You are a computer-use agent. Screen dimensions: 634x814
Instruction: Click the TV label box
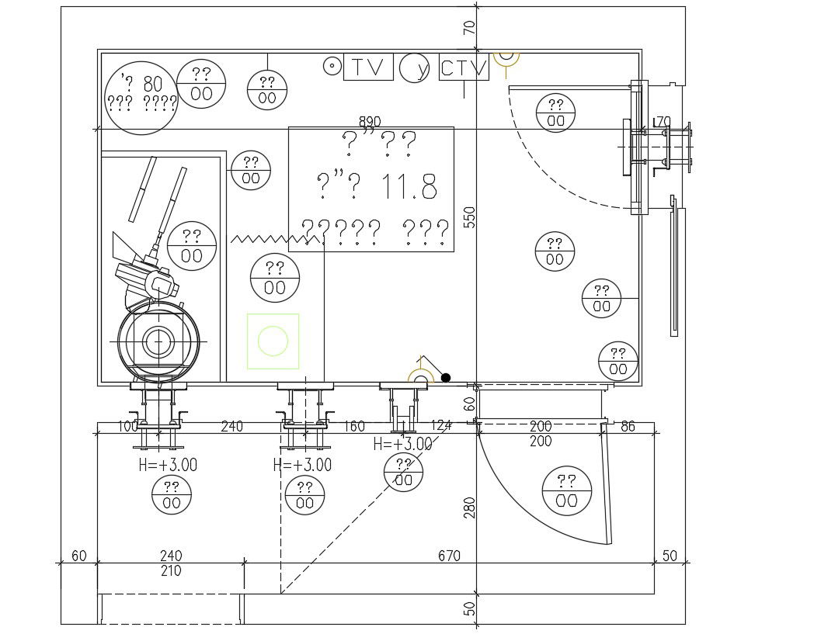(x=368, y=68)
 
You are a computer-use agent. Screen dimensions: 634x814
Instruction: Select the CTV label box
(x=464, y=68)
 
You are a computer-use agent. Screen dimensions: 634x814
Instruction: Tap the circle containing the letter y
(x=416, y=68)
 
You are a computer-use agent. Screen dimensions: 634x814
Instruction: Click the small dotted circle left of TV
(x=332, y=67)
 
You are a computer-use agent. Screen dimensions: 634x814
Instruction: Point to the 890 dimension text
(x=370, y=122)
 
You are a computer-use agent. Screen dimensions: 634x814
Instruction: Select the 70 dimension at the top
(x=468, y=28)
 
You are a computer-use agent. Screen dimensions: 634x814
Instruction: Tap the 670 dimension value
(x=449, y=556)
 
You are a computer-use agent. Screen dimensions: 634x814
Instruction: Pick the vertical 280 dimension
(x=468, y=508)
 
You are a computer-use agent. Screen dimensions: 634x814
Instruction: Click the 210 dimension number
(x=171, y=571)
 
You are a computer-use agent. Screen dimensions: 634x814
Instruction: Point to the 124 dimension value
(x=440, y=426)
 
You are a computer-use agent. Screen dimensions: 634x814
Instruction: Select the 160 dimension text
(x=353, y=426)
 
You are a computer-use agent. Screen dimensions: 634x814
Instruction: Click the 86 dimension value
(x=628, y=426)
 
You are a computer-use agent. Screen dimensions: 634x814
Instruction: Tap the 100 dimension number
(x=127, y=426)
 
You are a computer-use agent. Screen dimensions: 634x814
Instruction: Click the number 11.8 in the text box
(x=409, y=187)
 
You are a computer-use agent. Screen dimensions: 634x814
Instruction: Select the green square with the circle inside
(x=273, y=341)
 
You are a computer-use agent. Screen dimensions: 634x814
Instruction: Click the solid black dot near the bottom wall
(x=446, y=378)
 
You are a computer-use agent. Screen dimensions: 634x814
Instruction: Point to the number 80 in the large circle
(x=152, y=84)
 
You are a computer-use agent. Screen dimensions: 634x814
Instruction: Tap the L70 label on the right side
(x=662, y=122)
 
